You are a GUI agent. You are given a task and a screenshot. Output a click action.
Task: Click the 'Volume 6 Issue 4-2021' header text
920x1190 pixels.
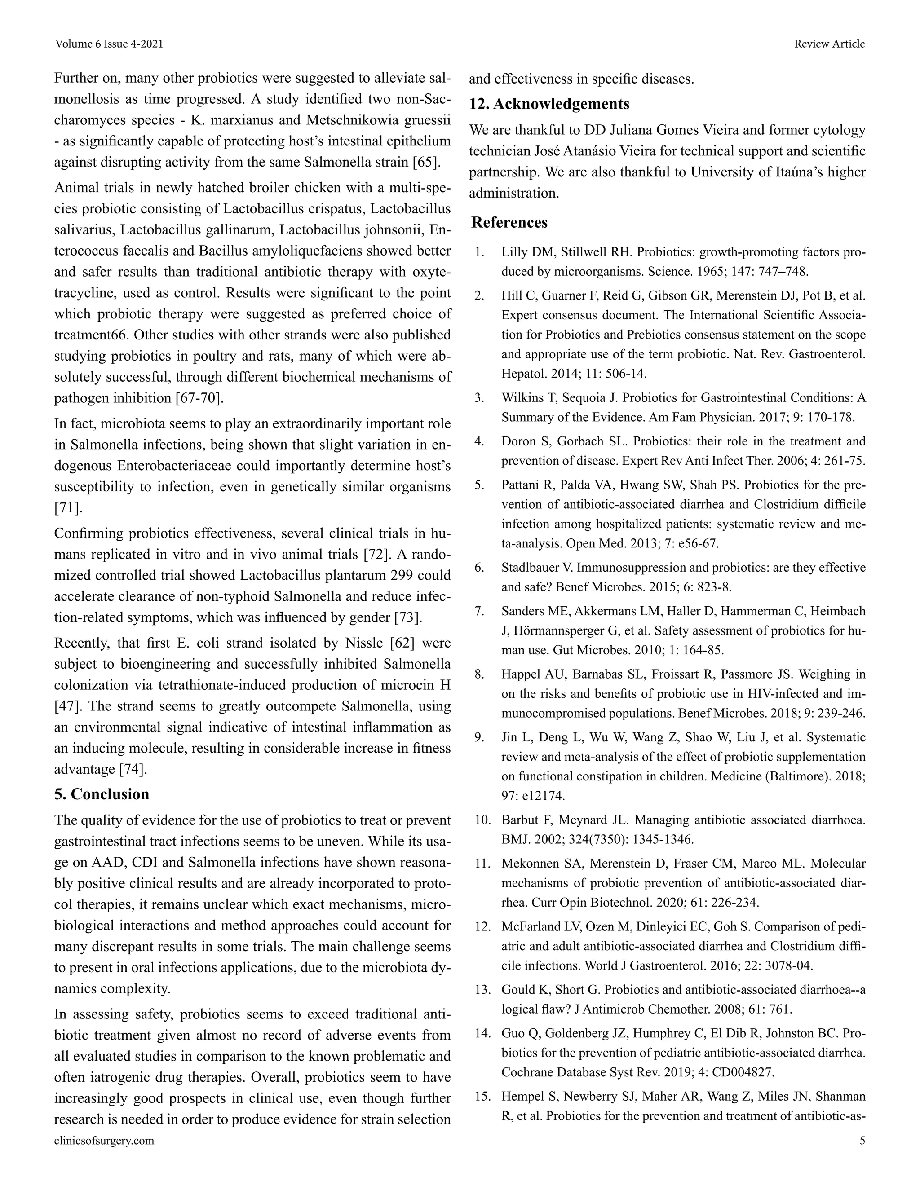click(109, 44)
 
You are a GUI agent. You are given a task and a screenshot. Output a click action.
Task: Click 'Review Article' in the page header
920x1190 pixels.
click(829, 44)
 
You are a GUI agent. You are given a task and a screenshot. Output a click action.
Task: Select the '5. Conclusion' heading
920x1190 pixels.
click(102, 794)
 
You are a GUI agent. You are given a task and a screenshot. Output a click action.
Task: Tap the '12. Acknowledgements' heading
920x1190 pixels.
click(549, 104)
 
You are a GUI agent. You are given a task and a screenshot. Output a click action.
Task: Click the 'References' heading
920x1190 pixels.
click(509, 222)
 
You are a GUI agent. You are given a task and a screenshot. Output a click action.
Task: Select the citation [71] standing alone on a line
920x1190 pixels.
click(68, 508)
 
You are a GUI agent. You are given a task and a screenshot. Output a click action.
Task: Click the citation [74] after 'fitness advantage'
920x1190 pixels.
click(133, 769)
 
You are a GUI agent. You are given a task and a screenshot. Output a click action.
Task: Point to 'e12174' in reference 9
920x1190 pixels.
click(544, 796)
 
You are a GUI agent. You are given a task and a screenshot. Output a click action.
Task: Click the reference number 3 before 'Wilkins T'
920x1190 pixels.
click(480, 398)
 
